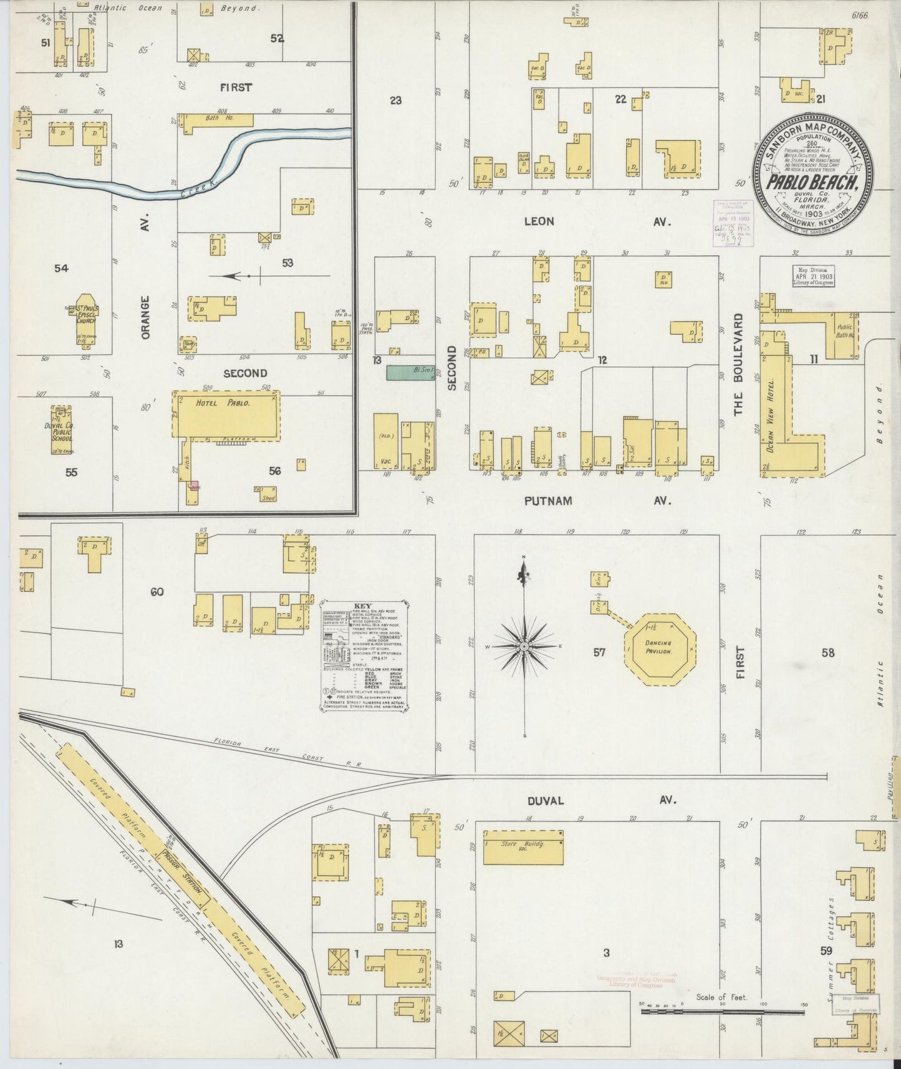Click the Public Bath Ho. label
click(x=845, y=330)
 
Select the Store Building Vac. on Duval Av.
click(x=524, y=847)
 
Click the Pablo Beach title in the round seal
click(x=813, y=183)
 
